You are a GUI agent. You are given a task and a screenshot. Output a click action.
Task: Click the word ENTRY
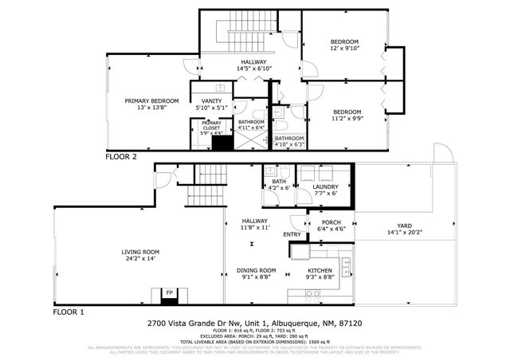[292, 234]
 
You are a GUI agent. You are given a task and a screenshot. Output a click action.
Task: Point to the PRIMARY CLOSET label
[210, 125]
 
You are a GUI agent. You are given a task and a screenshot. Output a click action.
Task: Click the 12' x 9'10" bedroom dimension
[345, 49]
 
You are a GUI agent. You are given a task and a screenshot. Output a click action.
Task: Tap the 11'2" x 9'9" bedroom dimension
[348, 119]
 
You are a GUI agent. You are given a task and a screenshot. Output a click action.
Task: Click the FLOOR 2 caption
[121, 157]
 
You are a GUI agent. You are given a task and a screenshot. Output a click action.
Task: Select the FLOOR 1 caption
[69, 313]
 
